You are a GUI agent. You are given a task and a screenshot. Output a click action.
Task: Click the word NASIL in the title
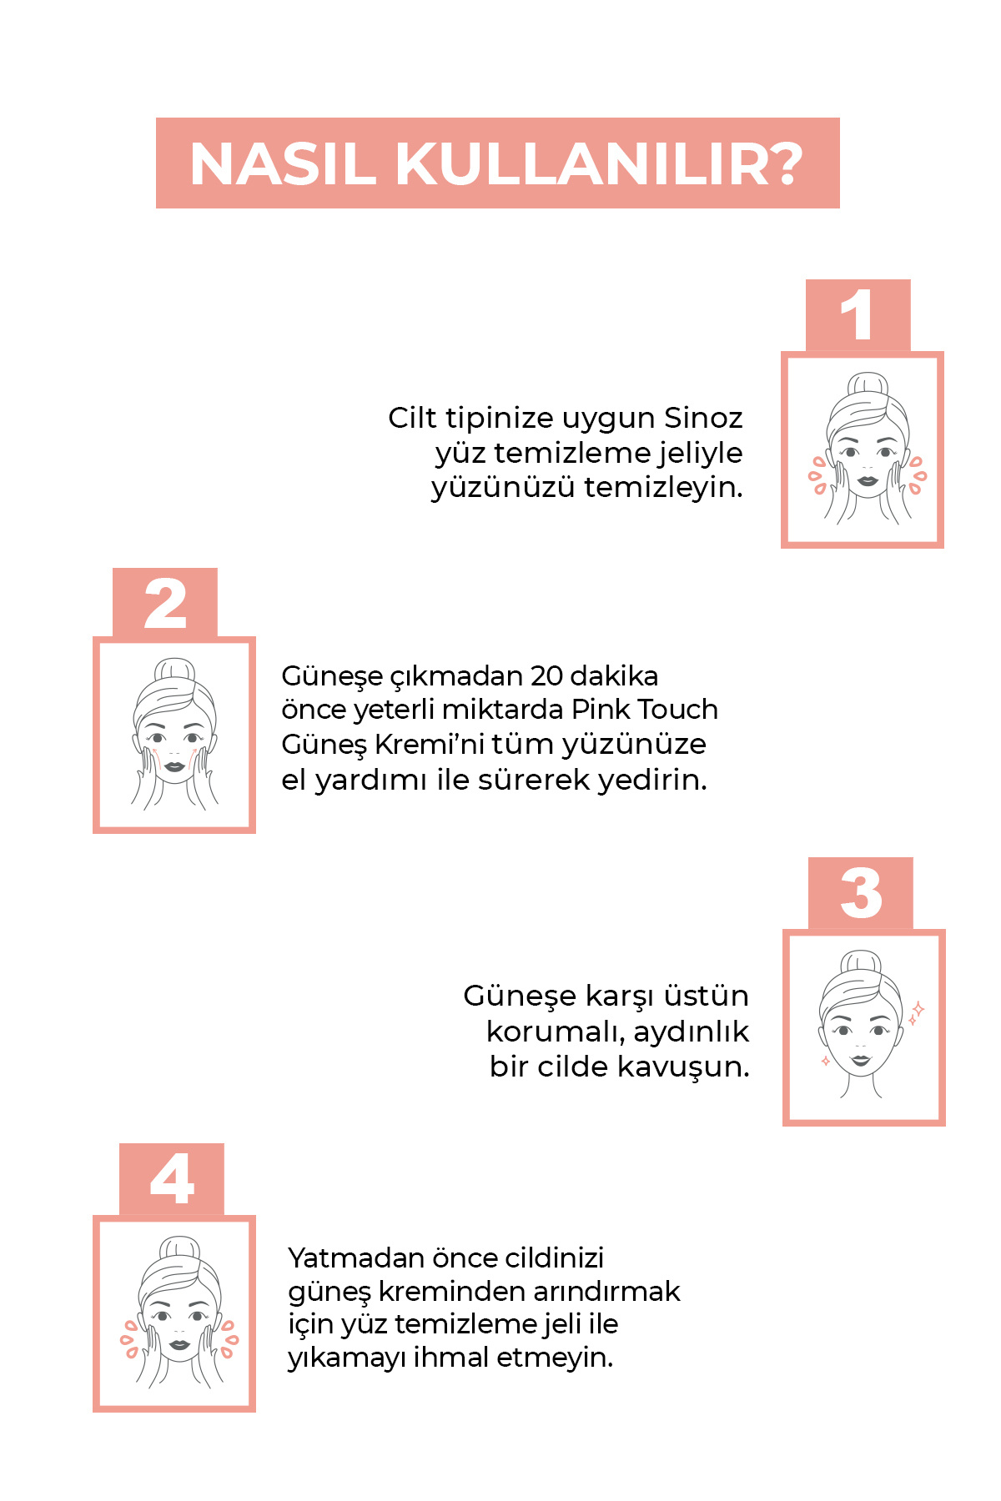(283, 163)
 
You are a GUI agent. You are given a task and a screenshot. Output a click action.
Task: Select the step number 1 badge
(858, 315)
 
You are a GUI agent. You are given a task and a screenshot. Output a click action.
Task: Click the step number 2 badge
(165, 604)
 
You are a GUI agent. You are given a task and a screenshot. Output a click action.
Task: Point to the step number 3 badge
(861, 893)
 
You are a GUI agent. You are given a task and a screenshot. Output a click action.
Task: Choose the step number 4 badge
(172, 1179)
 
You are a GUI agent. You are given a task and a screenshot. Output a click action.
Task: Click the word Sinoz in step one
(703, 418)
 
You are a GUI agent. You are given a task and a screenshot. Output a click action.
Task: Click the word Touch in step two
(678, 710)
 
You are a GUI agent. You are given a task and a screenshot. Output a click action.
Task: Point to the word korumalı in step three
(556, 1032)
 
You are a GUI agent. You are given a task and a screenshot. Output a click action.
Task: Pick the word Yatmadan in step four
(356, 1258)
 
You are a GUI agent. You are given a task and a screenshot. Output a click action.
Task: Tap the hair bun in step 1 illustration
(868, 384)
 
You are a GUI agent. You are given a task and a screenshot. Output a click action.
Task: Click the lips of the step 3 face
(861, 1061)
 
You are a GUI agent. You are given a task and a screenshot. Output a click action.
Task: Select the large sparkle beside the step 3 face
(918, 1009)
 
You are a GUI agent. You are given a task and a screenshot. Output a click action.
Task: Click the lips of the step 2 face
(174, 766)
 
